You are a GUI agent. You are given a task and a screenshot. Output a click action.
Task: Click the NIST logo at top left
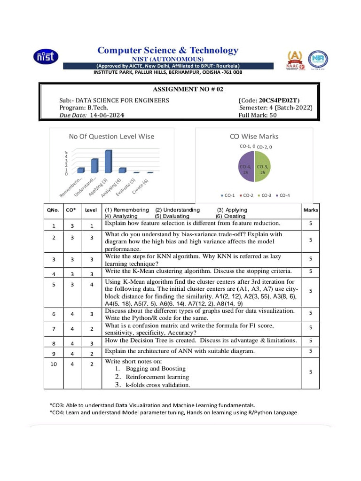point(46,57)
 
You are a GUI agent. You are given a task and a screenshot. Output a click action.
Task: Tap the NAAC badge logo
point(295,60)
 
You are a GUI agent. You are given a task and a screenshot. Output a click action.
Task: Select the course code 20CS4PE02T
point(279,100)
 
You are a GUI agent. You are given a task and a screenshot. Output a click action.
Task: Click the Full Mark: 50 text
point(258,115)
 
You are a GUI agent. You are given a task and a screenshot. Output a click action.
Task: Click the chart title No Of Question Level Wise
point(111,136)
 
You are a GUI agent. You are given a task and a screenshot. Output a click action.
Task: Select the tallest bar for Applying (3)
point(108,161)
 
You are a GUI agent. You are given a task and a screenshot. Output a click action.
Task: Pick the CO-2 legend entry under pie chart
point(247,195)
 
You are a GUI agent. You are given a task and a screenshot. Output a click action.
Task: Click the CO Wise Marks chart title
point(254,136)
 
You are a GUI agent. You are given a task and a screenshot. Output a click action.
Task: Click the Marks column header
point(311,210)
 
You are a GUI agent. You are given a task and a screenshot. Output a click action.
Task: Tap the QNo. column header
point(53,210)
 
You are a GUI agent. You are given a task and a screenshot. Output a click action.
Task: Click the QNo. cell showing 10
point(53,364)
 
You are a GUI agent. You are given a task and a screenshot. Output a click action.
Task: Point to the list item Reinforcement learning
point(157,377)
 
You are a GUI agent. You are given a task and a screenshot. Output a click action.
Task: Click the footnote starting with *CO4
point(173,412)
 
